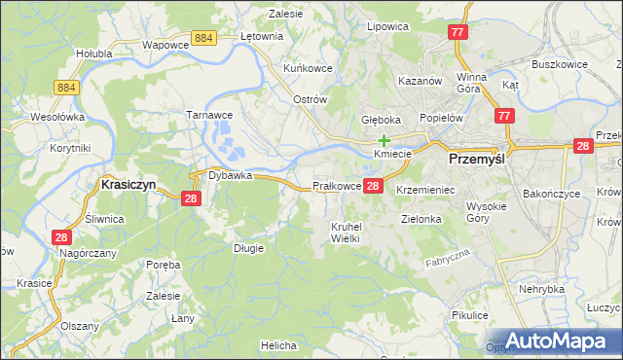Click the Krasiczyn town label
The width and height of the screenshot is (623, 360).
tap(128, 183)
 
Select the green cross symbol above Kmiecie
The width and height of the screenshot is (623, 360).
tap(385, 140)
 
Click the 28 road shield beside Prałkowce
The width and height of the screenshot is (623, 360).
tap(375, 185)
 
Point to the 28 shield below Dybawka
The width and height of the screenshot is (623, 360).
tap(191, 198)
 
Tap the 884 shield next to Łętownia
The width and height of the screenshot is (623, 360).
tap(203, 37)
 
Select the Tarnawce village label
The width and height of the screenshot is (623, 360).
tap(207, 115)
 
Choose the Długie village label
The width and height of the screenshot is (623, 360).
tap(248, 248)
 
